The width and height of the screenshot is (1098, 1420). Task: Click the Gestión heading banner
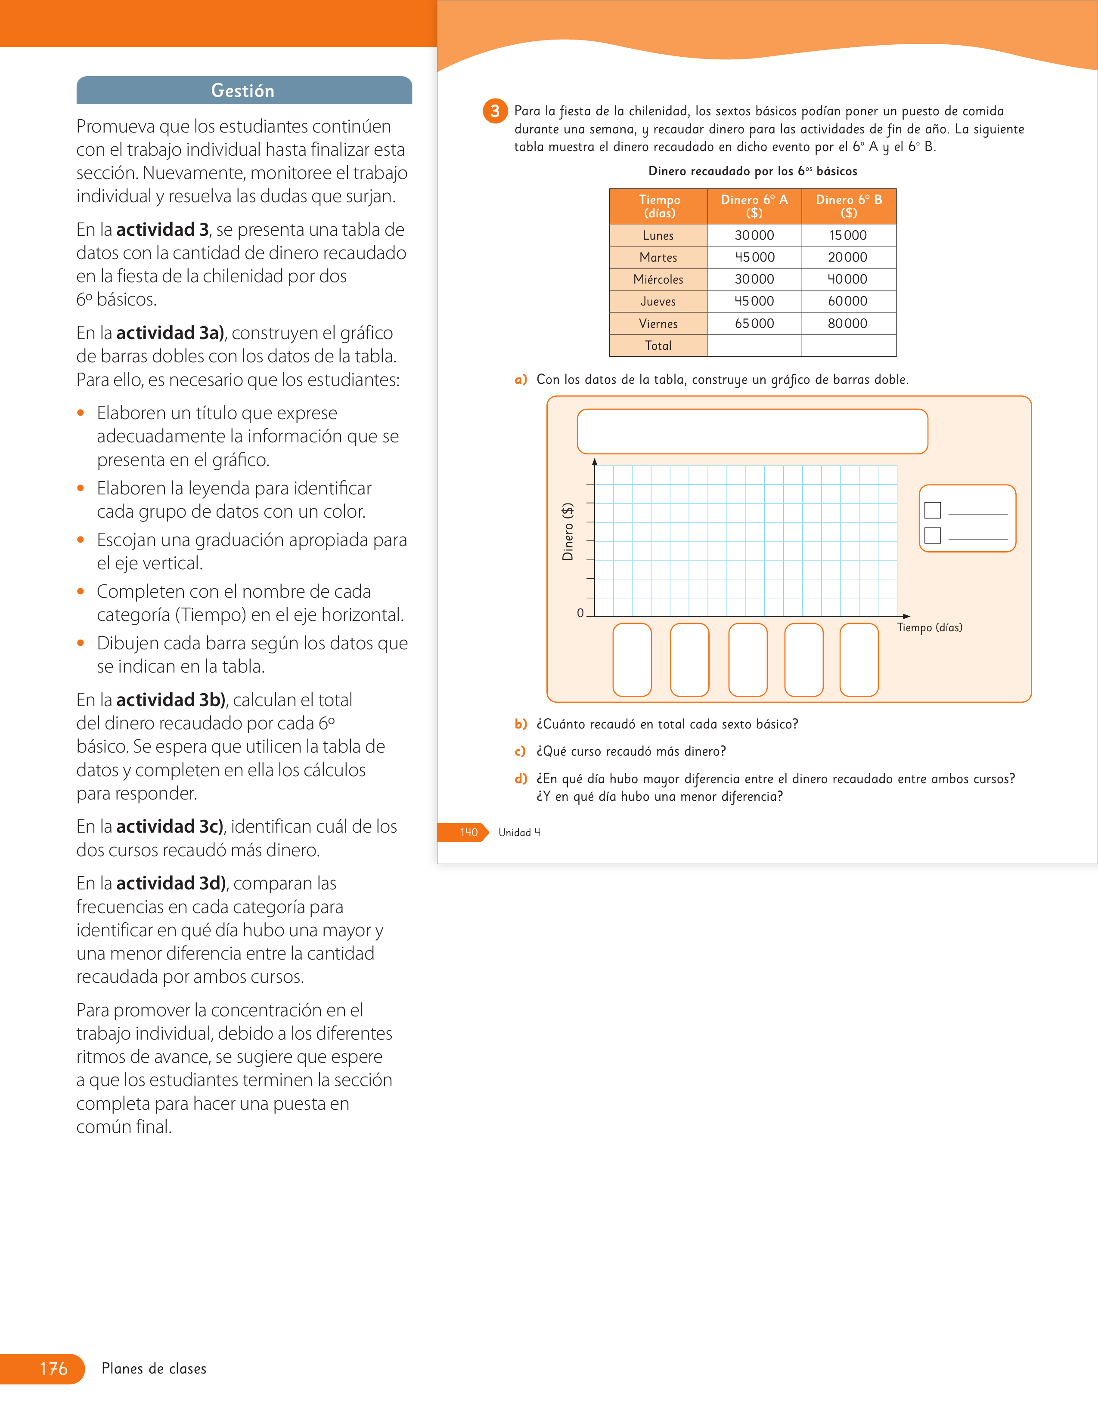click(x=244, y=90)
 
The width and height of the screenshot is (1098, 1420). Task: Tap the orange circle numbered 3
click(x=495, y=111)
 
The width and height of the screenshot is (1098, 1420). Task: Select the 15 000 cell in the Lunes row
click(x=848, y=235)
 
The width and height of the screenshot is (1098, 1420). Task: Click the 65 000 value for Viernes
click(x=754, y=323)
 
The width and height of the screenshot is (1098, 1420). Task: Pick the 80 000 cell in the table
click(x=848, y=323)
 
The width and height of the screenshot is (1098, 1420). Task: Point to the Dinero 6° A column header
click(x=754, y=206)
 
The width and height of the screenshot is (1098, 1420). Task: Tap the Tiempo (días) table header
click(x=658, y=206)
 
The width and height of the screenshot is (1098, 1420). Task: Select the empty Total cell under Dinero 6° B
click(x=848, y=345)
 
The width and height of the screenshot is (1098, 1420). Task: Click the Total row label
click(x=658, y=345)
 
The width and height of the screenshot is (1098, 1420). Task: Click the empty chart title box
click(x=753, y=431)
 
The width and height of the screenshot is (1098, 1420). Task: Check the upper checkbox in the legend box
click(x=932, y=510)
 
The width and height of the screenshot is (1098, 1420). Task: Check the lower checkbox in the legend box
click(x=932, y=535)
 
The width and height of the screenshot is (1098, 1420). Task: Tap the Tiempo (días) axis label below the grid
click(x=930, y=627)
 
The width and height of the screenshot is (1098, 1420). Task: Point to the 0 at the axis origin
click(x=580, y=613)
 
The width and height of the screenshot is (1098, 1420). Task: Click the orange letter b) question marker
click(x=521, y=724)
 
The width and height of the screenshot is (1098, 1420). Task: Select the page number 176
click(x=53, y=1369)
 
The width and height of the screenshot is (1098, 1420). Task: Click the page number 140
click(x=469, y=832)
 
